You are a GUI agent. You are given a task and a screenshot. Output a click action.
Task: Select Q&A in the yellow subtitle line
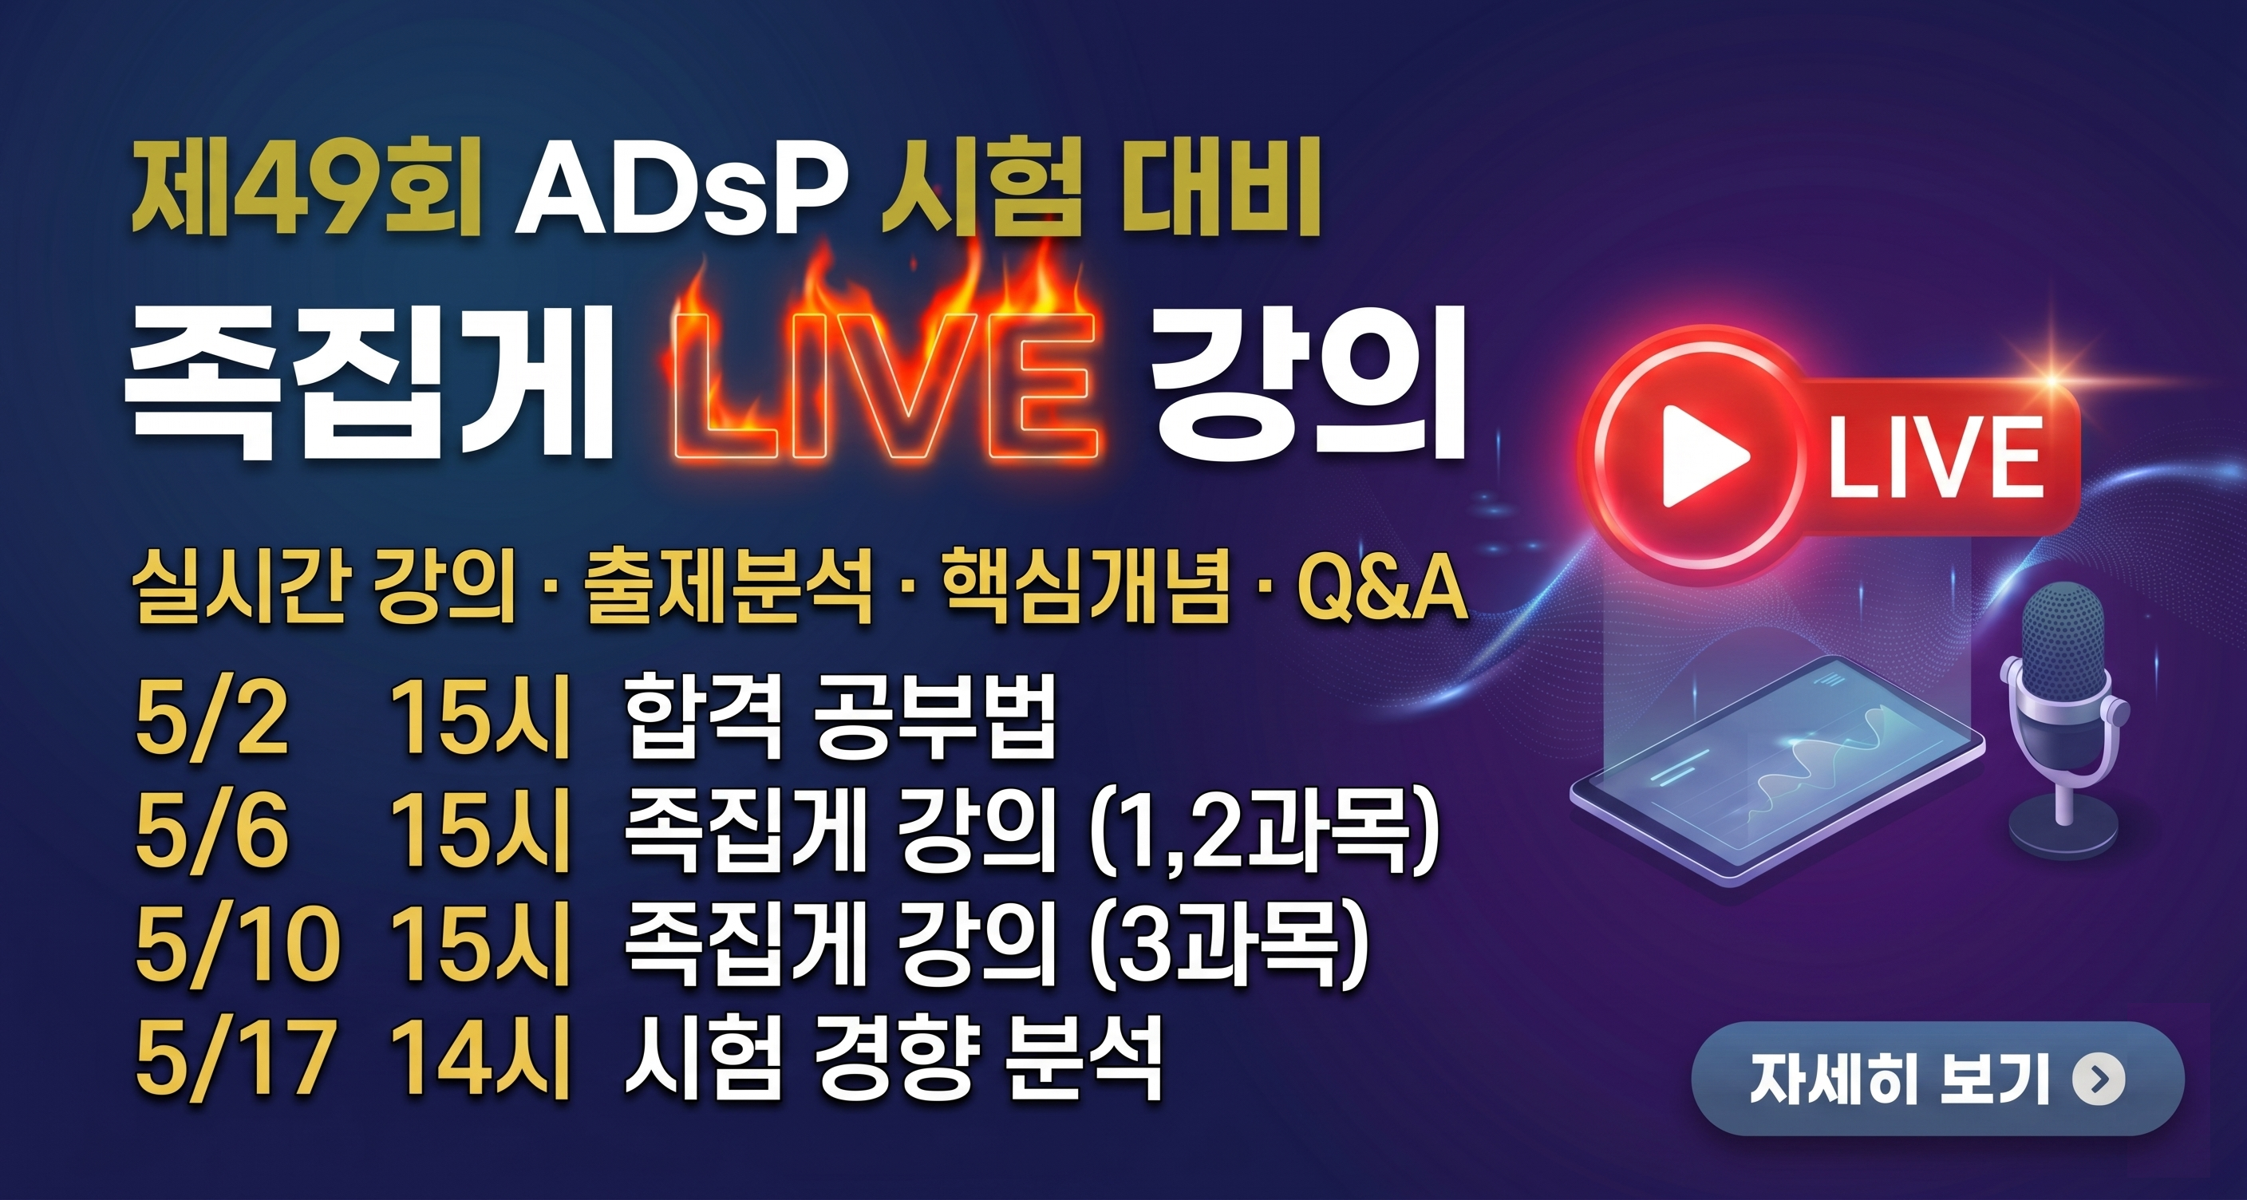point(1382,589)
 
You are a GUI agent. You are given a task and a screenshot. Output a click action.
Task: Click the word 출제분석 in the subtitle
point(729,589)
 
